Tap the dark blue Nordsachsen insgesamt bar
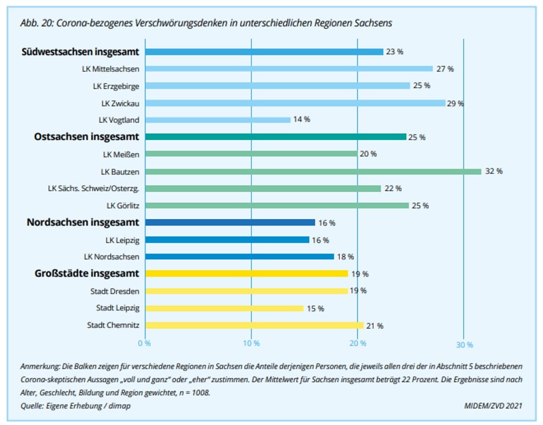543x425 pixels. (230, 222)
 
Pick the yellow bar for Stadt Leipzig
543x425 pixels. (224, 308)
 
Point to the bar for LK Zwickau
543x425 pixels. (295, 103)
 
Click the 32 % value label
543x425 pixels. (494, 171)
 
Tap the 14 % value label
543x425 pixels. (301, 120)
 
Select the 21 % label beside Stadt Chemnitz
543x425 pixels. (375, 326)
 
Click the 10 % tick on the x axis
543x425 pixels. (251, 343)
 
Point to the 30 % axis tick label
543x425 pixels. (464, 345)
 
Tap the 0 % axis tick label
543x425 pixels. (144, 343)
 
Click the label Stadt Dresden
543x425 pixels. (115, 291)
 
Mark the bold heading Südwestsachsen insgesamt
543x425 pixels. (80, 52)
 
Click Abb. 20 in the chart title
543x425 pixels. (33, 23)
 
